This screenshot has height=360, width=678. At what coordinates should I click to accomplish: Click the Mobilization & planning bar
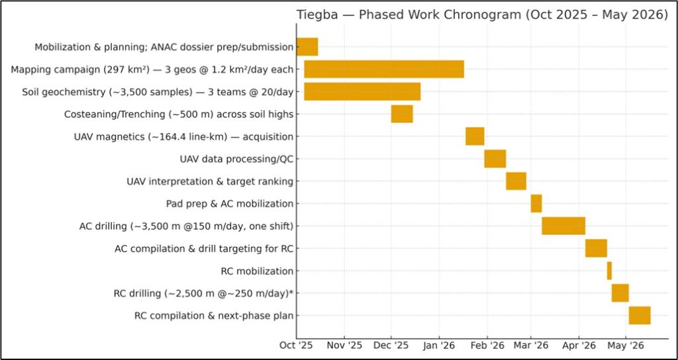pos(307,47)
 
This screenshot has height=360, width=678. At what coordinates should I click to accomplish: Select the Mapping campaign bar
pos(384,69)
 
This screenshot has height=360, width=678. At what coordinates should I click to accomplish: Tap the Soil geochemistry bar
pos(362,91)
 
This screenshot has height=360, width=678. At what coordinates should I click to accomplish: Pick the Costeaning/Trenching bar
pos(402,114)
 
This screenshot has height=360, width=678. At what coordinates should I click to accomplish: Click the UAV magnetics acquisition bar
pos(475,136)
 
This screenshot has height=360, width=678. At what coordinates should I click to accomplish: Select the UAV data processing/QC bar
pos(495,159)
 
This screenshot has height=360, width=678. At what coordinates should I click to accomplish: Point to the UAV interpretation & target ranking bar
pos(516,181)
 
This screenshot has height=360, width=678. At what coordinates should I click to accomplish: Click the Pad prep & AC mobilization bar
pos(536,204)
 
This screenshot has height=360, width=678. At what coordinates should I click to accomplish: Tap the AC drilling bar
pos(563,226)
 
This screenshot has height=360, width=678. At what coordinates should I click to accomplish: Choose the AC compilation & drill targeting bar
pos(596,248)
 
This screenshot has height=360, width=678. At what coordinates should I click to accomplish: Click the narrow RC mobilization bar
pos(609,271)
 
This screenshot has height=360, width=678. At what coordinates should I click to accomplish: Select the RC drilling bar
pos(620,292)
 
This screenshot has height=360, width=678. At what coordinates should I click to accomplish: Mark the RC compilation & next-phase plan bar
pos(640,315)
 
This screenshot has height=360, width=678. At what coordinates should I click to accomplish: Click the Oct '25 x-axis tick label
pos(296,345)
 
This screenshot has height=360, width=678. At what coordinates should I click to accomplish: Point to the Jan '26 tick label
pos(438,345)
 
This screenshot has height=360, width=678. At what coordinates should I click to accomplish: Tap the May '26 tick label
pos(626,345)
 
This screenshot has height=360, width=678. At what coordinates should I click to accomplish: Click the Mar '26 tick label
pos(531,345)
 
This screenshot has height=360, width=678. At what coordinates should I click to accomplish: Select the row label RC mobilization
pos(257,271)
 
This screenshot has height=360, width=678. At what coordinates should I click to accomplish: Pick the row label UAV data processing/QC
pos(236,159)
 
